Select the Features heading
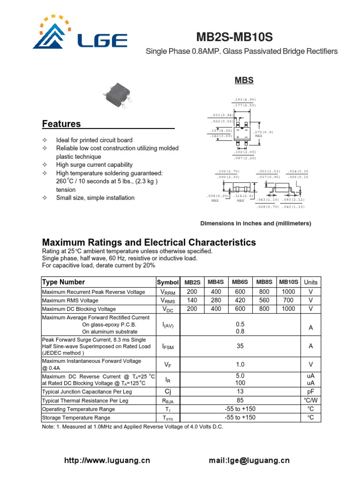pos(61,124)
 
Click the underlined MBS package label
pos(244,80)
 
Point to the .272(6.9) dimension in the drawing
pos(263,132)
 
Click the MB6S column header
pos(240,282)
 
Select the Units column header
pos(310,282)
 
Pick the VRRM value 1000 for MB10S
pos(288,292)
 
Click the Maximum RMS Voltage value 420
pos(240,300)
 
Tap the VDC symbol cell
pos(168,309)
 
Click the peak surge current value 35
pos(240,346)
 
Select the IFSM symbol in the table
pos(168,346)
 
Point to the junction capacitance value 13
pos(240,391)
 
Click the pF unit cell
pos(310,391)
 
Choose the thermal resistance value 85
pos(240,400)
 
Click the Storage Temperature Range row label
pos(76,418)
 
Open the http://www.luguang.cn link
pos(107,461)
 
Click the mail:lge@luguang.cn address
pos(249,461)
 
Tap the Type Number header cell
pos(64,282)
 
